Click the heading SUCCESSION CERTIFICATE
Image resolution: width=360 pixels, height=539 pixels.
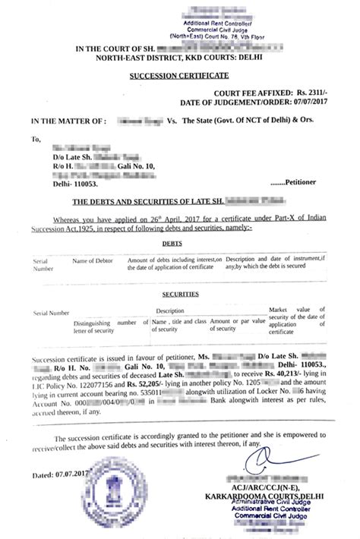180,77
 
